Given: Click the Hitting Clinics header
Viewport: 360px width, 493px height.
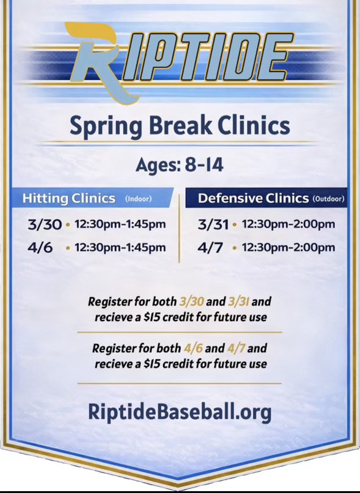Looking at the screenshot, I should (x=68, y=198).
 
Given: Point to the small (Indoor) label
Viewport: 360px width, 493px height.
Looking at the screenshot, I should (x=139, y=199).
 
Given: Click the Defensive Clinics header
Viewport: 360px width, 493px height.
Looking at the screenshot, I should (x=253, y=198).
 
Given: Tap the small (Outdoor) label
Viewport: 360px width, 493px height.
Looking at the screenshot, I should (x=328, y=199).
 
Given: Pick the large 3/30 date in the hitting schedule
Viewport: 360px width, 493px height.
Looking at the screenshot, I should (x=45, y=224).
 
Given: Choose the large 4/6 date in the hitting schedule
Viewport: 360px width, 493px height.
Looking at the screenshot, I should (x=41, y=248).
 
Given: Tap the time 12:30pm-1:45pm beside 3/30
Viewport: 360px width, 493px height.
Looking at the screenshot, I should (x=120, y=224).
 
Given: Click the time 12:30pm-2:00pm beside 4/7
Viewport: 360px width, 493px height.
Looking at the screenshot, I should (x=288, y=248).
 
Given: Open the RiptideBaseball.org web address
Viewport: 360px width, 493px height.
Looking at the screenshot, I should (x=180, y=412).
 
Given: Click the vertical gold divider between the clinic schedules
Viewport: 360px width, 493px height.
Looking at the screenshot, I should (x=179, y=229).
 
